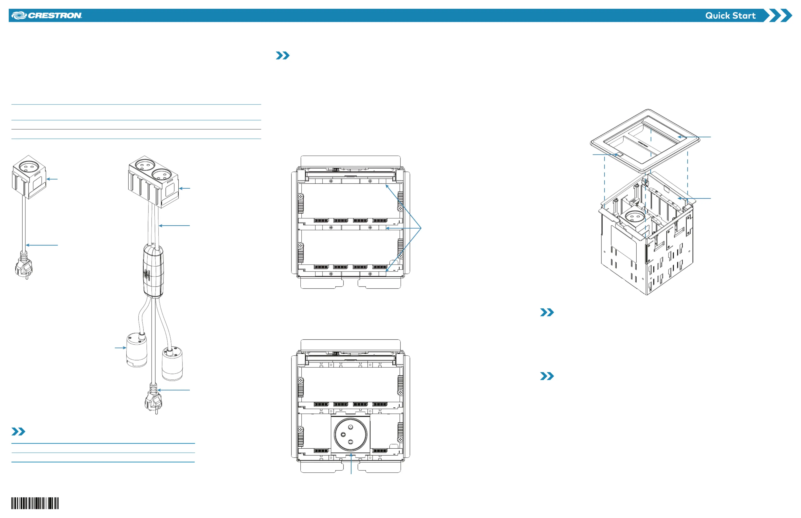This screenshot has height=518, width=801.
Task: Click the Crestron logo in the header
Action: point(47,15)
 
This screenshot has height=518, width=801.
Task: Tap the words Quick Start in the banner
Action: point(730,15)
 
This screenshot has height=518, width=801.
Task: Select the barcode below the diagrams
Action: point(35,503)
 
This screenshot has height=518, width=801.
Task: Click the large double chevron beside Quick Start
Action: point(777,15)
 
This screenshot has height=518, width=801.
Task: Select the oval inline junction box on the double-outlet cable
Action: point(153,271)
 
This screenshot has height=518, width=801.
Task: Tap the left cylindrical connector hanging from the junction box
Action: point(137,350)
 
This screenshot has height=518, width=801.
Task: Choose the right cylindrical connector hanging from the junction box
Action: point(172,364)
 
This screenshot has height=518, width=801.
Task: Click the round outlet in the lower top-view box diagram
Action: point(350,434)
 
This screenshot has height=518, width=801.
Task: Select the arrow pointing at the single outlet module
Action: point(52,179)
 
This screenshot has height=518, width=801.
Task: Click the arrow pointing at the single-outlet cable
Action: point(42,245)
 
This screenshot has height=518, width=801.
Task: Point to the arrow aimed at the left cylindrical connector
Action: point(120,348)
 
